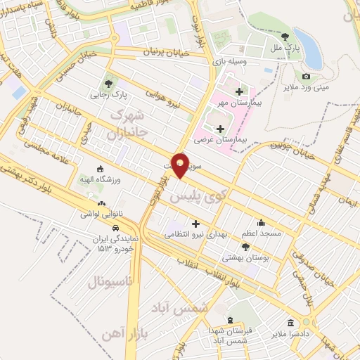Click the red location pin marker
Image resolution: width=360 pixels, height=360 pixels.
point(181,166)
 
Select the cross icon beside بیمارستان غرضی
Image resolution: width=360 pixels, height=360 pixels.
point(222,129)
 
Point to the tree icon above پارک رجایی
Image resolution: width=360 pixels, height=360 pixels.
point(108,79)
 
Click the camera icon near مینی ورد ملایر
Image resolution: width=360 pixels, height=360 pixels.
point(306,76)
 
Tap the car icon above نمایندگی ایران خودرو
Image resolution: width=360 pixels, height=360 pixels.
point(115,228)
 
